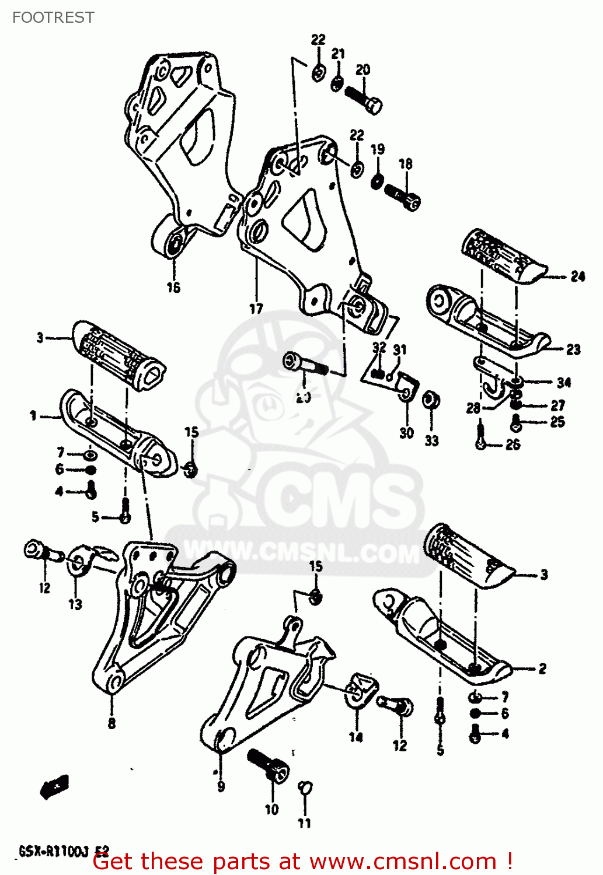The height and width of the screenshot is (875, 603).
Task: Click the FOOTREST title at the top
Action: [53, 17]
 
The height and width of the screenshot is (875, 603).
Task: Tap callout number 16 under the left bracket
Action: [173, 287]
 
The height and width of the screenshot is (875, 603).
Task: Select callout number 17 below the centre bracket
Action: [256, 309]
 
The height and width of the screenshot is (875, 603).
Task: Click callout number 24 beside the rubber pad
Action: [577, 276]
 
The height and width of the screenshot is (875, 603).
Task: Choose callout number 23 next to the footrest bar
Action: [573, 349]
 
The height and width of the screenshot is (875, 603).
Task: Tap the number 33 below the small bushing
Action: [431, 440]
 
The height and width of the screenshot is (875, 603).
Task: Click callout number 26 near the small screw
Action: [513, 445]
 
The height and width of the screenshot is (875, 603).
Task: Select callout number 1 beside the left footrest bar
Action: [33, 416]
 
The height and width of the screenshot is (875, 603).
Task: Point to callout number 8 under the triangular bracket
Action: [111, 723]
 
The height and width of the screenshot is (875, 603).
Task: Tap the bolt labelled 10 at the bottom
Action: [269, 766]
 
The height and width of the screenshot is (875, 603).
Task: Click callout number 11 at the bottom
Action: [304, 823]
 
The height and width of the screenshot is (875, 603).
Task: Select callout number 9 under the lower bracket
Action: [221, 787]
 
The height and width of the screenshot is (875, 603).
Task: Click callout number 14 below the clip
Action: [355, 737]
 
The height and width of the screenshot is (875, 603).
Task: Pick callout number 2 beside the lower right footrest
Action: [542, 668]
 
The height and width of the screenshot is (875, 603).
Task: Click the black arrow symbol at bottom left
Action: [55, 787]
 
